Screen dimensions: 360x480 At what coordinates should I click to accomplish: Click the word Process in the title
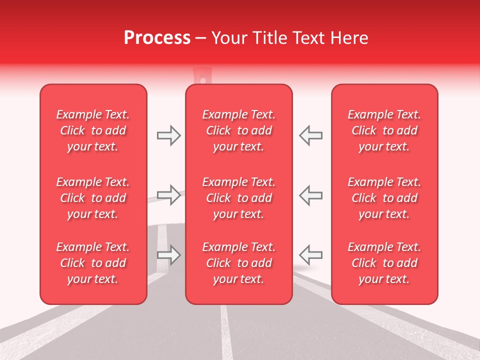click(x=157, y=37)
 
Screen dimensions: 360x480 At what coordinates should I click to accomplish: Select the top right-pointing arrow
click(x=169, y=135)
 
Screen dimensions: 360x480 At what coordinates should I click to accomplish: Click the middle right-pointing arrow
click(x=169, y=195)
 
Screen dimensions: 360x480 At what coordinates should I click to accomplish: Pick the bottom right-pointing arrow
click(x=169, y=255)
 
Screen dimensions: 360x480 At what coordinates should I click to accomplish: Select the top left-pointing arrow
click(x=310, y=135)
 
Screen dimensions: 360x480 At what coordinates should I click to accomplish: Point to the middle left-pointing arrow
click(x=310, y=195)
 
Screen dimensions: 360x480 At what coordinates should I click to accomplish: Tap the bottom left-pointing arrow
click(x=310, y=255)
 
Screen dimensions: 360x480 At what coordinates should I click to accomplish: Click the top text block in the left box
click(x=93, y=130)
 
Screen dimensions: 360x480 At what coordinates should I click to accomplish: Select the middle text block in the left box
click(x=93, y=198)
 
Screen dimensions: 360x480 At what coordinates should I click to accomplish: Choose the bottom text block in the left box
click(x=93, y=263)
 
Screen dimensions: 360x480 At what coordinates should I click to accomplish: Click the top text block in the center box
click(x=239, y=130)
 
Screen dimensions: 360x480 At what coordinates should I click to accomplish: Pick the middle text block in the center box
click(x=239, y=198)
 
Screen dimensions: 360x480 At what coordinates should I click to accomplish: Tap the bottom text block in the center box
click(x=239, y=263)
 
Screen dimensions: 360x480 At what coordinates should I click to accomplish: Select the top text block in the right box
click(x=384, y=130)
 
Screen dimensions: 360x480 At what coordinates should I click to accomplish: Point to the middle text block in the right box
click(x=384, y=198)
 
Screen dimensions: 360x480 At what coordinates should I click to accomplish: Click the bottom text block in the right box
click(x=384, y=263)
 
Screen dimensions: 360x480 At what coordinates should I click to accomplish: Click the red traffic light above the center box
click(x=202, y=76)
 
